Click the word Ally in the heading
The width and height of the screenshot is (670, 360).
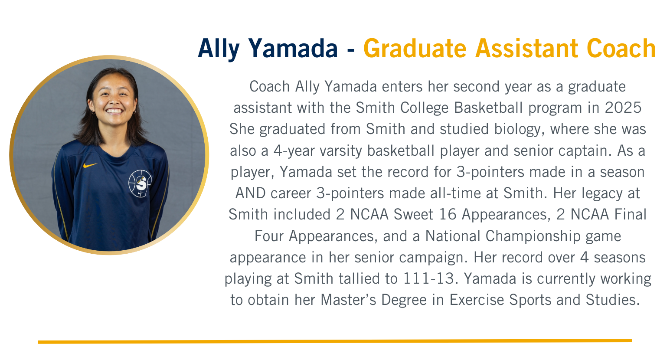point(219,49)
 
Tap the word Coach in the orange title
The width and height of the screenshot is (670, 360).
point(621,48)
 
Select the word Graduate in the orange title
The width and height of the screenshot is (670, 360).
point(415,48)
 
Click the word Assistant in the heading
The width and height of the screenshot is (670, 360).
point(527,48)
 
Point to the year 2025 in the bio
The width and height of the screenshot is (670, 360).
point(623,108)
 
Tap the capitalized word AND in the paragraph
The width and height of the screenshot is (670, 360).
point(250,193)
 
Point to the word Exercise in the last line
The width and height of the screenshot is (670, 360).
point(477,300)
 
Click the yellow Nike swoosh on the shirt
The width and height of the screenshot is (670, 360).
point(90,165)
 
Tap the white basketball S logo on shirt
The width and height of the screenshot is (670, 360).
point(140,183)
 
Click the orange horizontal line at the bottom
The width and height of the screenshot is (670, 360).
point(335,341)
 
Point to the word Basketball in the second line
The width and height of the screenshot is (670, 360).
point(488,108)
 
